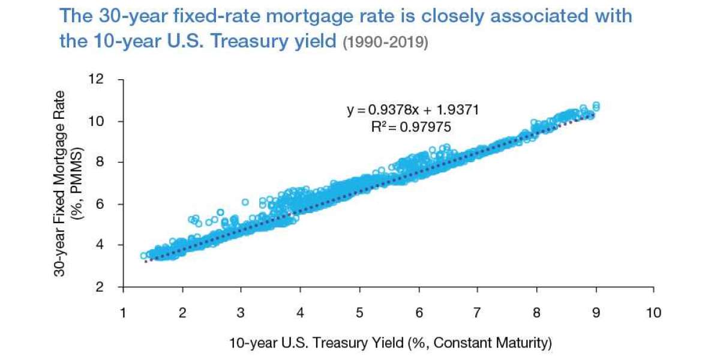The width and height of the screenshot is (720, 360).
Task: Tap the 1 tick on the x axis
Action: tap(124, 313)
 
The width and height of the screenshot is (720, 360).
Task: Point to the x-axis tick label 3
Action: tap(241, 313)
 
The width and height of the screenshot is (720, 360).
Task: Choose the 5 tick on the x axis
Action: tap(359, 313)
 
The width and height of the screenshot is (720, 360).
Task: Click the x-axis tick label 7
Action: tap(478, 313)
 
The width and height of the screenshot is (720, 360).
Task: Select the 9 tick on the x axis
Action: tap(595, 313)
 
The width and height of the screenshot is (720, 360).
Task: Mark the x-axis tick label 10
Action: tap(653, 313)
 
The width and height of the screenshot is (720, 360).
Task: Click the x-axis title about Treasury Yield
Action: tap(389, 343)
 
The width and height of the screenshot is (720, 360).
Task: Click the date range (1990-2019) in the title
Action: tap(385, 43)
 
